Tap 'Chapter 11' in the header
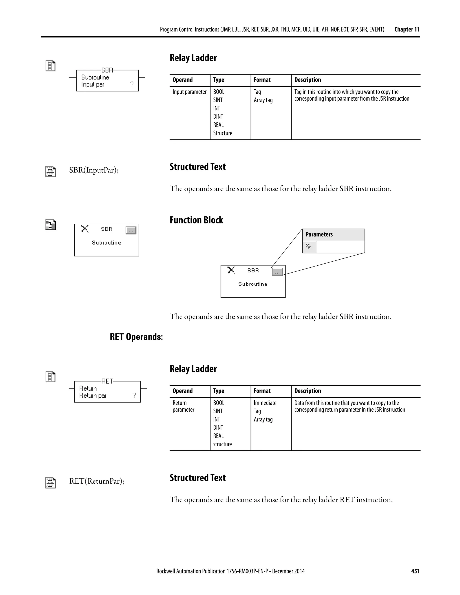[x=407, y=29]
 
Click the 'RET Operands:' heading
[x=136, y=337]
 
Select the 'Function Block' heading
[x=196, y=220]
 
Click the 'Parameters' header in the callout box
[x=319, y=235]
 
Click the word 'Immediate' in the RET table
[x=265, y=403]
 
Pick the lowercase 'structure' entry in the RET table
[x=222, y=444]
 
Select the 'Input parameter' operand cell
[x=189, y=92]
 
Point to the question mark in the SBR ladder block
[x=132, y=84]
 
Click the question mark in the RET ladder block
[x=134, y=396]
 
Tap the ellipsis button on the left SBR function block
[x=131, y=231]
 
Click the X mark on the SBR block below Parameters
[x=231, y=270]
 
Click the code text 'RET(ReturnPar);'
[x=97, y=481]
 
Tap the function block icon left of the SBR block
[x=50, y=225]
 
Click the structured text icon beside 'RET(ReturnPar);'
[x=50, y=483]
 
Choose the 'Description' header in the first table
[x=307, y=80]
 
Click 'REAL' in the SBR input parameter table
[x=218, y=125]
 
